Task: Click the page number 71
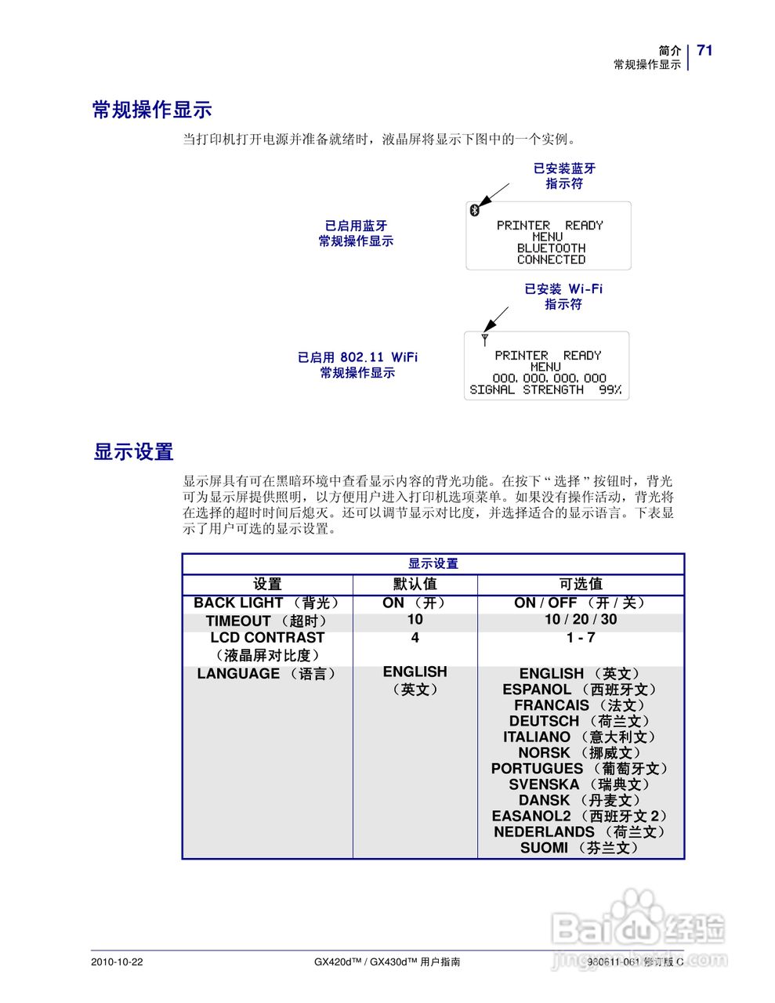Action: (704, 50)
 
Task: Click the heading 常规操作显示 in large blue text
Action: (152, 110)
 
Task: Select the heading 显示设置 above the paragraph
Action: (133, 452)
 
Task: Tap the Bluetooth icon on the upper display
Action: (473, 209)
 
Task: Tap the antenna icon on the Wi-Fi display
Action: (485, 339)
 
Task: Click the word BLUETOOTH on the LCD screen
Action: (551, 248)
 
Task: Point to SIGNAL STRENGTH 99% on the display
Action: (545, 389)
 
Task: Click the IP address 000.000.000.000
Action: (549, 378)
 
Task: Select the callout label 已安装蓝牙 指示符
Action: (564, 176)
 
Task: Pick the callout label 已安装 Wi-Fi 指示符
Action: (563, 296)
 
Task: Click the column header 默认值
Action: (415, 584)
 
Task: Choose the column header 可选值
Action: (581, 584)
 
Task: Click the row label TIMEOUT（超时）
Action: (267, 621)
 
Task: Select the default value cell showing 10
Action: (415, 619)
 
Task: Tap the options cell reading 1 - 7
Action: (581, 638)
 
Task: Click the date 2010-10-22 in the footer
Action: (118, 961)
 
